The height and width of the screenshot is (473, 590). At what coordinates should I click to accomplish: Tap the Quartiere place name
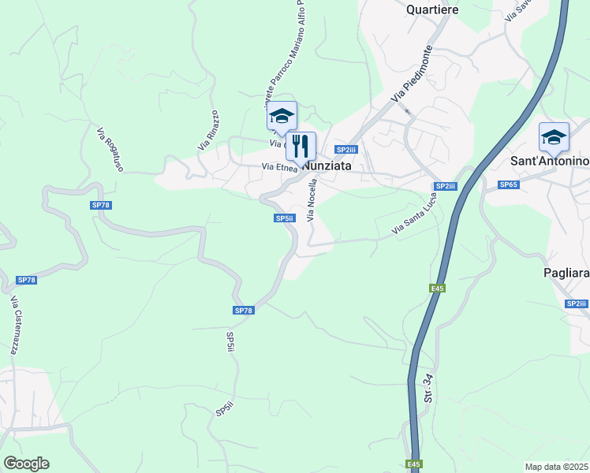[x=433, y=9]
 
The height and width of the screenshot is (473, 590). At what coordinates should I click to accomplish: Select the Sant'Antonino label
[x=551, y=162]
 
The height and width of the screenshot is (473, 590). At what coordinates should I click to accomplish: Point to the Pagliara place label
[x=566, y=272]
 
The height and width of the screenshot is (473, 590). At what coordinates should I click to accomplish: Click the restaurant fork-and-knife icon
[x=301, y=146]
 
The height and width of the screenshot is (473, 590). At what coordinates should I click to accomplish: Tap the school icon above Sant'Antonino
[x=554, y=137]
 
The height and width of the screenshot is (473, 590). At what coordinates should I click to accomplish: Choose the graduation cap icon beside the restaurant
[x=282, y=116]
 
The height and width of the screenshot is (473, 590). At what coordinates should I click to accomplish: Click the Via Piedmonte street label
[x=413, y=73]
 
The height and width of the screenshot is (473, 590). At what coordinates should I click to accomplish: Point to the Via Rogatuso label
[x=111, y=147]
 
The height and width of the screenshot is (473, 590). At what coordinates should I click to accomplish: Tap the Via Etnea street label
[x=279, y=167]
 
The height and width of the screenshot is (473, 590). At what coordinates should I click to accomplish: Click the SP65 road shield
[x=508, y=184]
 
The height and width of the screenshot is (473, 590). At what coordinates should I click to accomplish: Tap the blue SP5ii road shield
[x=284, y=218]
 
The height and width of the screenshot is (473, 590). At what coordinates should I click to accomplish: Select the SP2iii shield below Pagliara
[x=576, y=304]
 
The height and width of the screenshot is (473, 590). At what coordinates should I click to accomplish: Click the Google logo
[x=26, y=464]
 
